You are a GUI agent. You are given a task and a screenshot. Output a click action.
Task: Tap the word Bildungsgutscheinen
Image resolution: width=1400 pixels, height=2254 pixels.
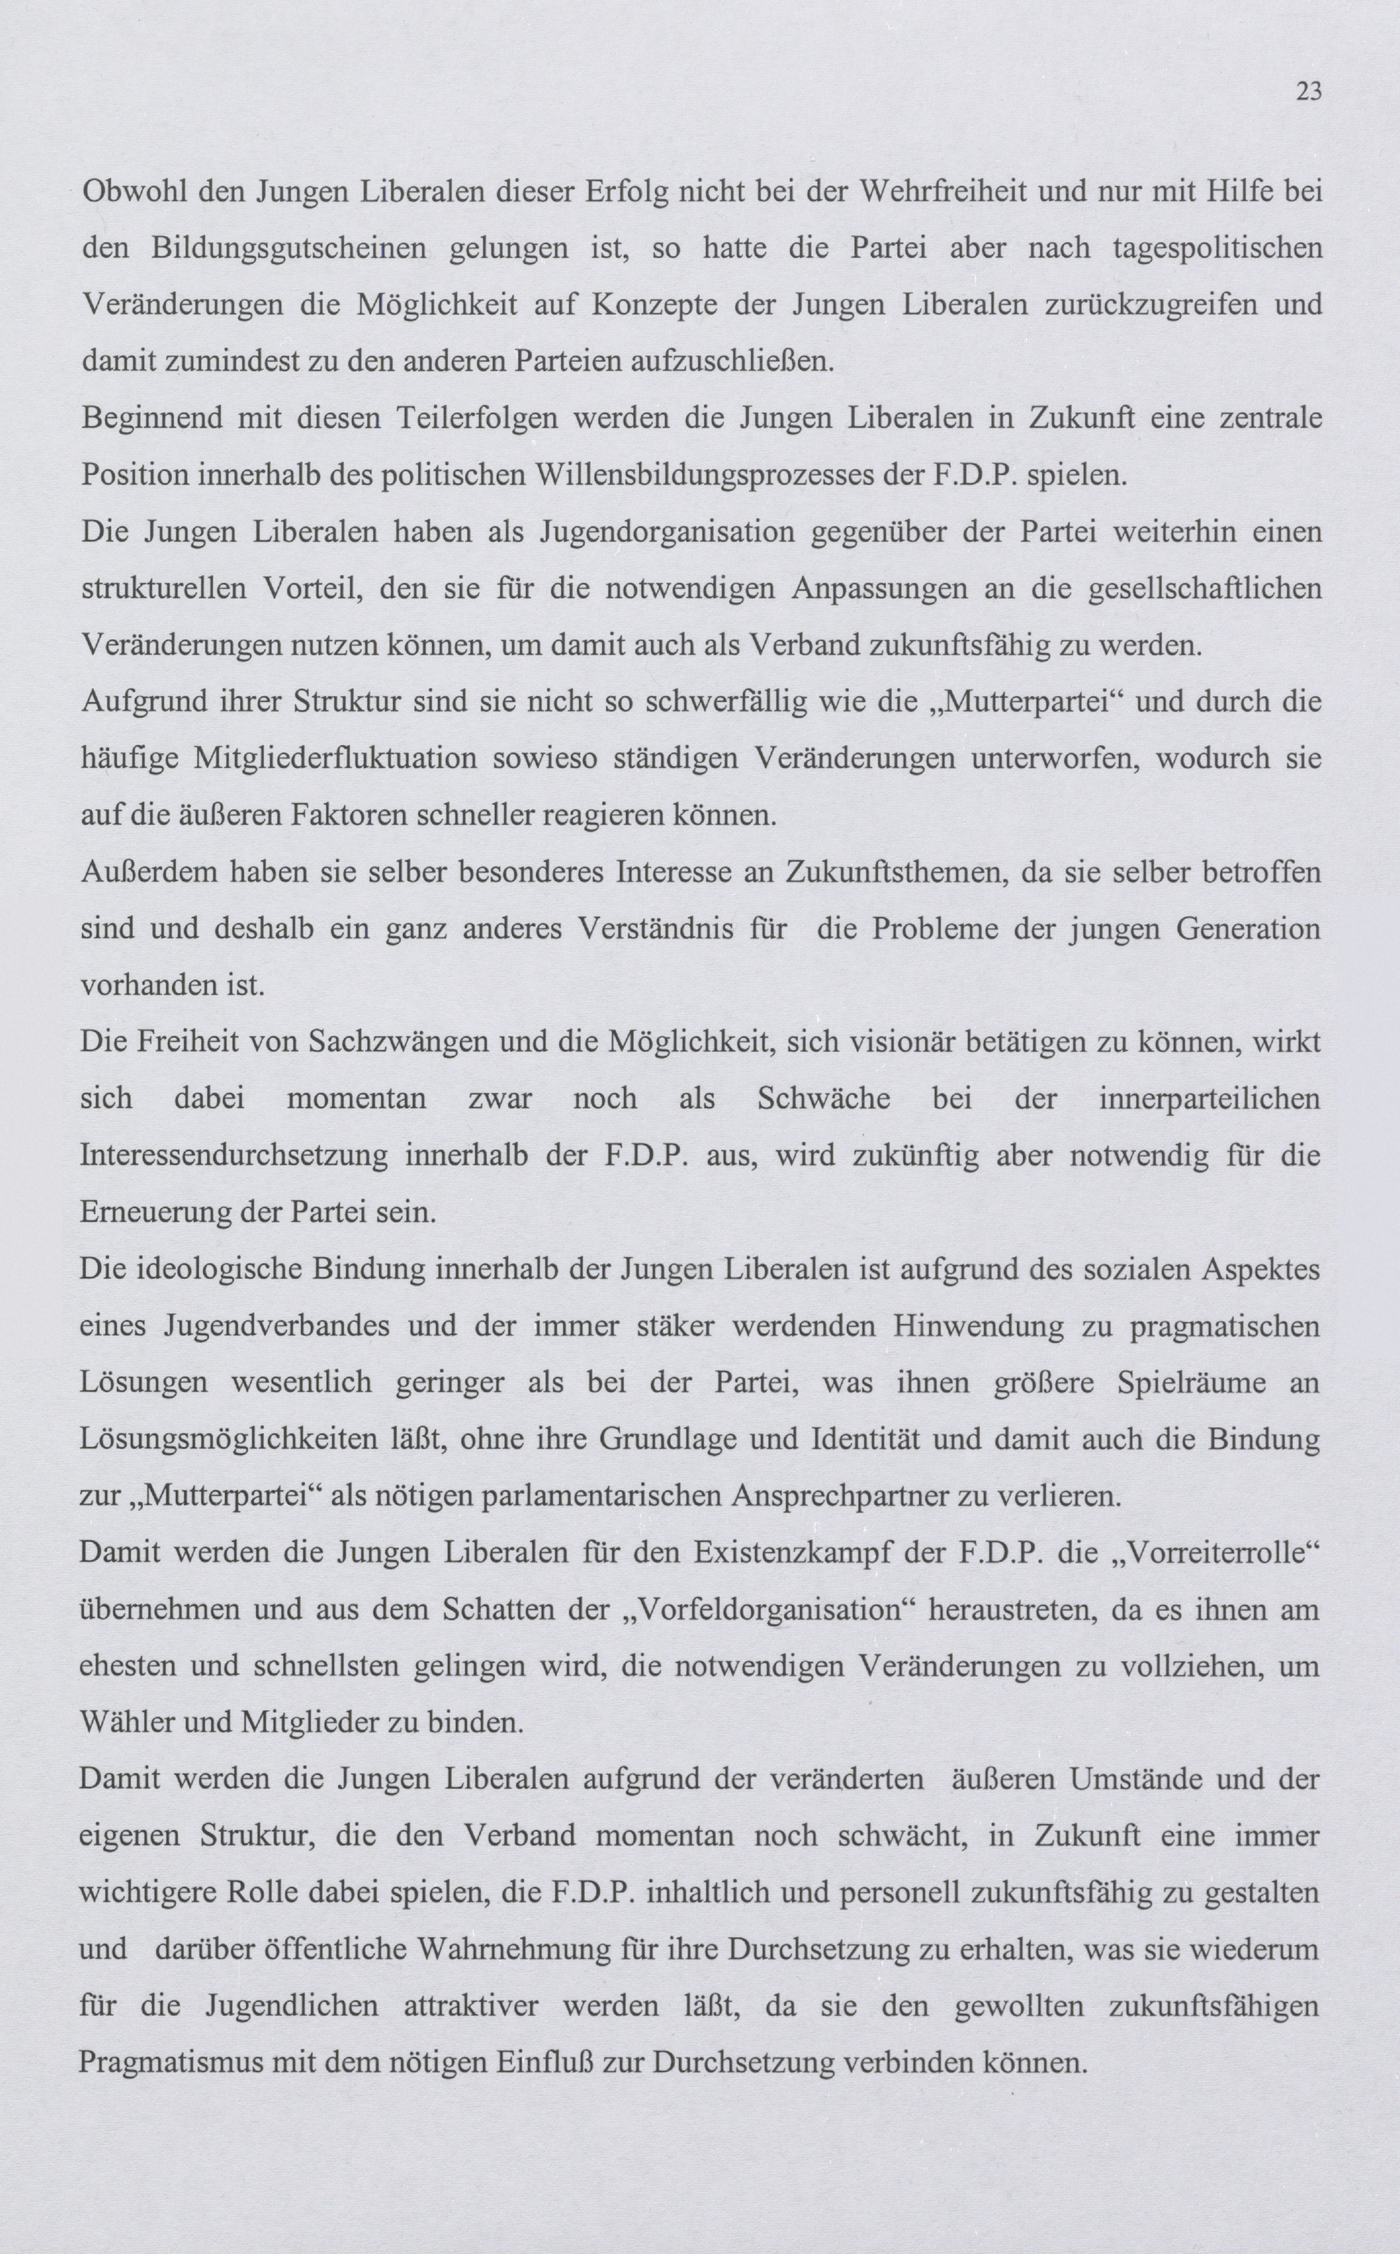pos(289,248)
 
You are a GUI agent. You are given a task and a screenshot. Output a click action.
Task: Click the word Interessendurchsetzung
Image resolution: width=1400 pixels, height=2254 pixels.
pos(233,1156)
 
